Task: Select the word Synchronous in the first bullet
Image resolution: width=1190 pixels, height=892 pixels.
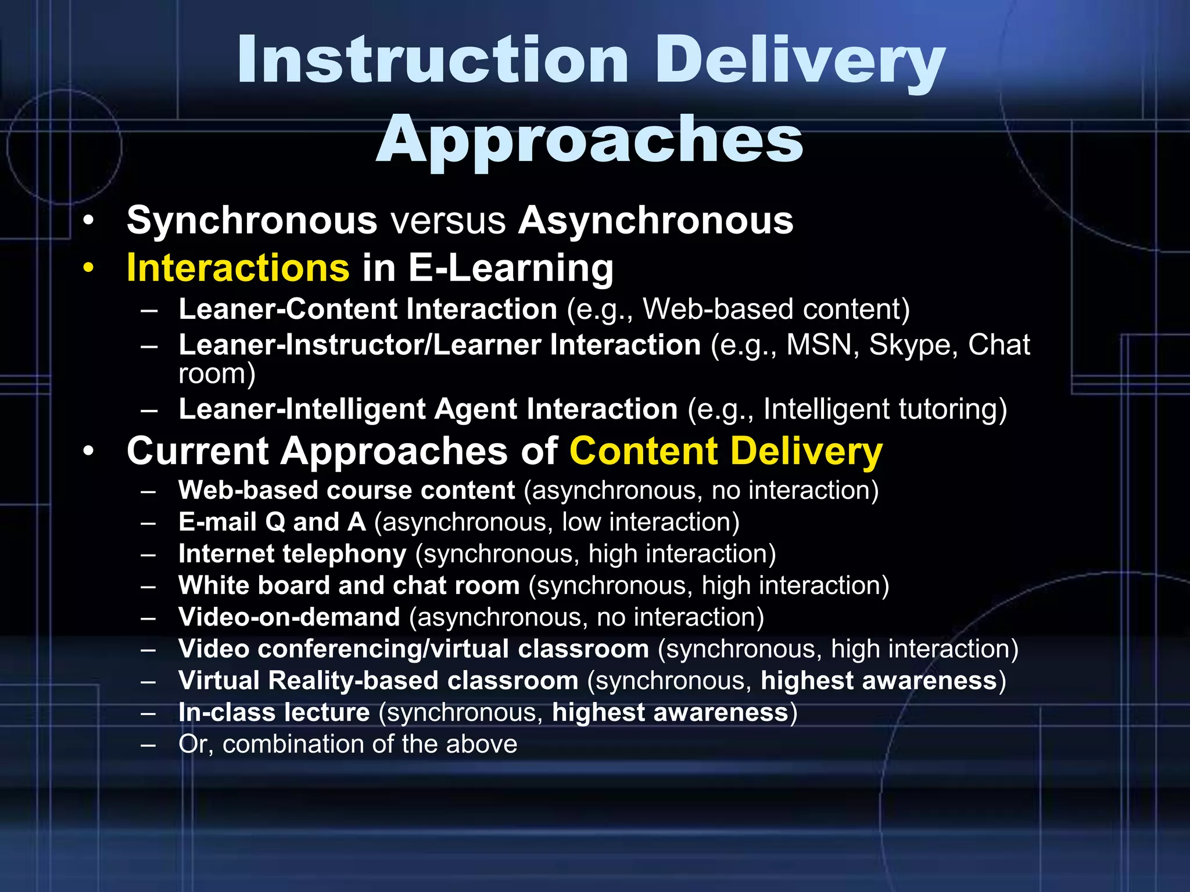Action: pos(252,221)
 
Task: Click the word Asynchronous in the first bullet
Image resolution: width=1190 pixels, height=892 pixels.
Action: pos(655,221)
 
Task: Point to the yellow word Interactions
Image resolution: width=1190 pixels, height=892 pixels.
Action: pos(238,268)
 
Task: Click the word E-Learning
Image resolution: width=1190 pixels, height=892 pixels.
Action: pos(511,268)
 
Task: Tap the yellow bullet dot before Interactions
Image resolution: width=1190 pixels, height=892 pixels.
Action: pos(88,269)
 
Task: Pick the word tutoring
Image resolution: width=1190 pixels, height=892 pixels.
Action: pos(953,409)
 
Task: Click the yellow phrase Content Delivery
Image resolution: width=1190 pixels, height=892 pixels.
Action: pos(726,451)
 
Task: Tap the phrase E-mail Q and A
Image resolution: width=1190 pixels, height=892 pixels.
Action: pos(272,522)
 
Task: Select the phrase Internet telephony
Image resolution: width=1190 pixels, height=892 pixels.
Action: pos(292,554)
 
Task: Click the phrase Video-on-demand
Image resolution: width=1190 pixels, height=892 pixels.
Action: pos(289,617)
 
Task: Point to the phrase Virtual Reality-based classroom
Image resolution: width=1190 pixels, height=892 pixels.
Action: pos(378,681)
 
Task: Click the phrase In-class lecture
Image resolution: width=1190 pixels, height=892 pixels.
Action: pos(274,713)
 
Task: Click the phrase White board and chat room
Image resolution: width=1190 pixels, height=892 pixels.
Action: pos(349,585)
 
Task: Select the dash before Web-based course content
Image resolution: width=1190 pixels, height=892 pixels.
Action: pos(149,491)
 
